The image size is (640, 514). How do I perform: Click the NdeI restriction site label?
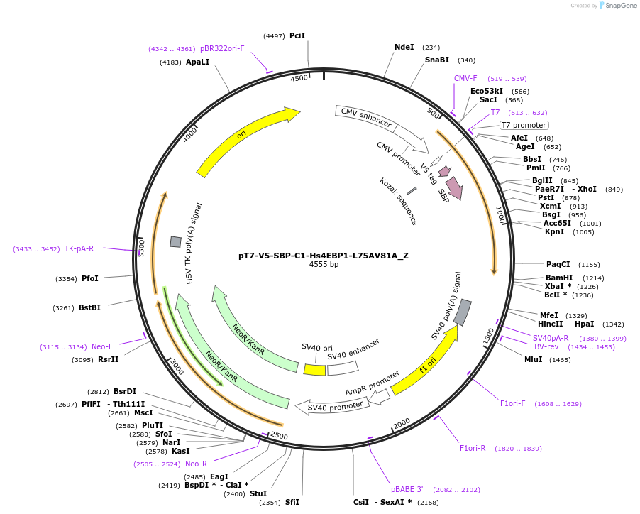coord(404,48)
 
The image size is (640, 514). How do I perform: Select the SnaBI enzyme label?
coord(436,60)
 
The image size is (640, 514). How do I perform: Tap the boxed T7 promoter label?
coord(524,125)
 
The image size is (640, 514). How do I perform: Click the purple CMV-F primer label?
coord(465,78)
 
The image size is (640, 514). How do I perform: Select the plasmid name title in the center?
coord(324,256)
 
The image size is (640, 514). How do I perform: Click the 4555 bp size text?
coord(324,265)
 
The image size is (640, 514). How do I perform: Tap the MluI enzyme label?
coord(533,360)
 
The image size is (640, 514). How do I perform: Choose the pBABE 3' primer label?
coord(407,489)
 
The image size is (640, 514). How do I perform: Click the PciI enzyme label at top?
coord(297,35)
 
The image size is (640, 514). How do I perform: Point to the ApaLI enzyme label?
coord(197,62)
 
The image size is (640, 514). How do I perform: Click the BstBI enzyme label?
coord(89,307)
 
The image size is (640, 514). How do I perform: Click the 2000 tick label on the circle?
coord(402,423)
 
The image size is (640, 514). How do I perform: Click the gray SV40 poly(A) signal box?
coord(462,312)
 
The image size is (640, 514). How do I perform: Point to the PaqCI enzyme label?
coord(558,264)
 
